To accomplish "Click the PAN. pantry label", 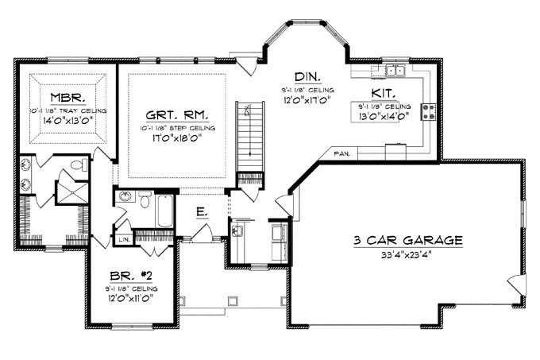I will (x=343, y=152).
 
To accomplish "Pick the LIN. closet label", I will (x=123, y=239).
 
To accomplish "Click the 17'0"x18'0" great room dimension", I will (x=175, y=137).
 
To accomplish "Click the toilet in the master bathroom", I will (x=79, y=166).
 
